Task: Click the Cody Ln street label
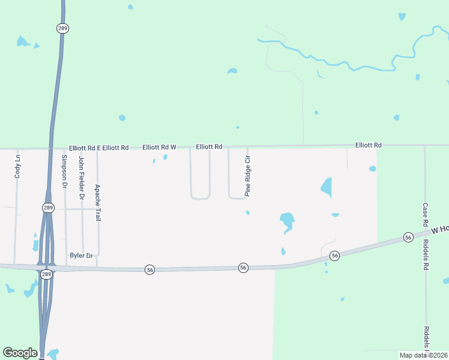[17, 166]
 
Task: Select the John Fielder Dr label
[82, 178]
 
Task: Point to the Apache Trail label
[97, 203]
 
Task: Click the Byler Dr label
[81, 256]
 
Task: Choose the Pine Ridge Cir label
[247, 176]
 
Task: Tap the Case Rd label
[424, 214]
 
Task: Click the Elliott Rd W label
[159, 147]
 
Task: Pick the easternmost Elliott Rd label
[368, 145]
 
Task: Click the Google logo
[20, 353]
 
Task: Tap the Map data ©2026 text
[424, 355]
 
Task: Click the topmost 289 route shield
[62, 28]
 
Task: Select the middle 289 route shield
[48, 208]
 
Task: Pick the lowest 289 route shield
[47, 274]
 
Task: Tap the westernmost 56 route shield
[149, 271]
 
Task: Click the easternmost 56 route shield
[408, 237]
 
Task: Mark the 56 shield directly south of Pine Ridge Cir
[243, 267]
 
